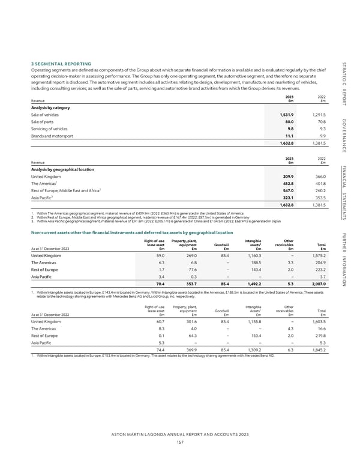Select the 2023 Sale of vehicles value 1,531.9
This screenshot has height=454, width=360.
pos(282,114)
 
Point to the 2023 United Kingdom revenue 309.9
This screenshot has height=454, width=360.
pos(284,177)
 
